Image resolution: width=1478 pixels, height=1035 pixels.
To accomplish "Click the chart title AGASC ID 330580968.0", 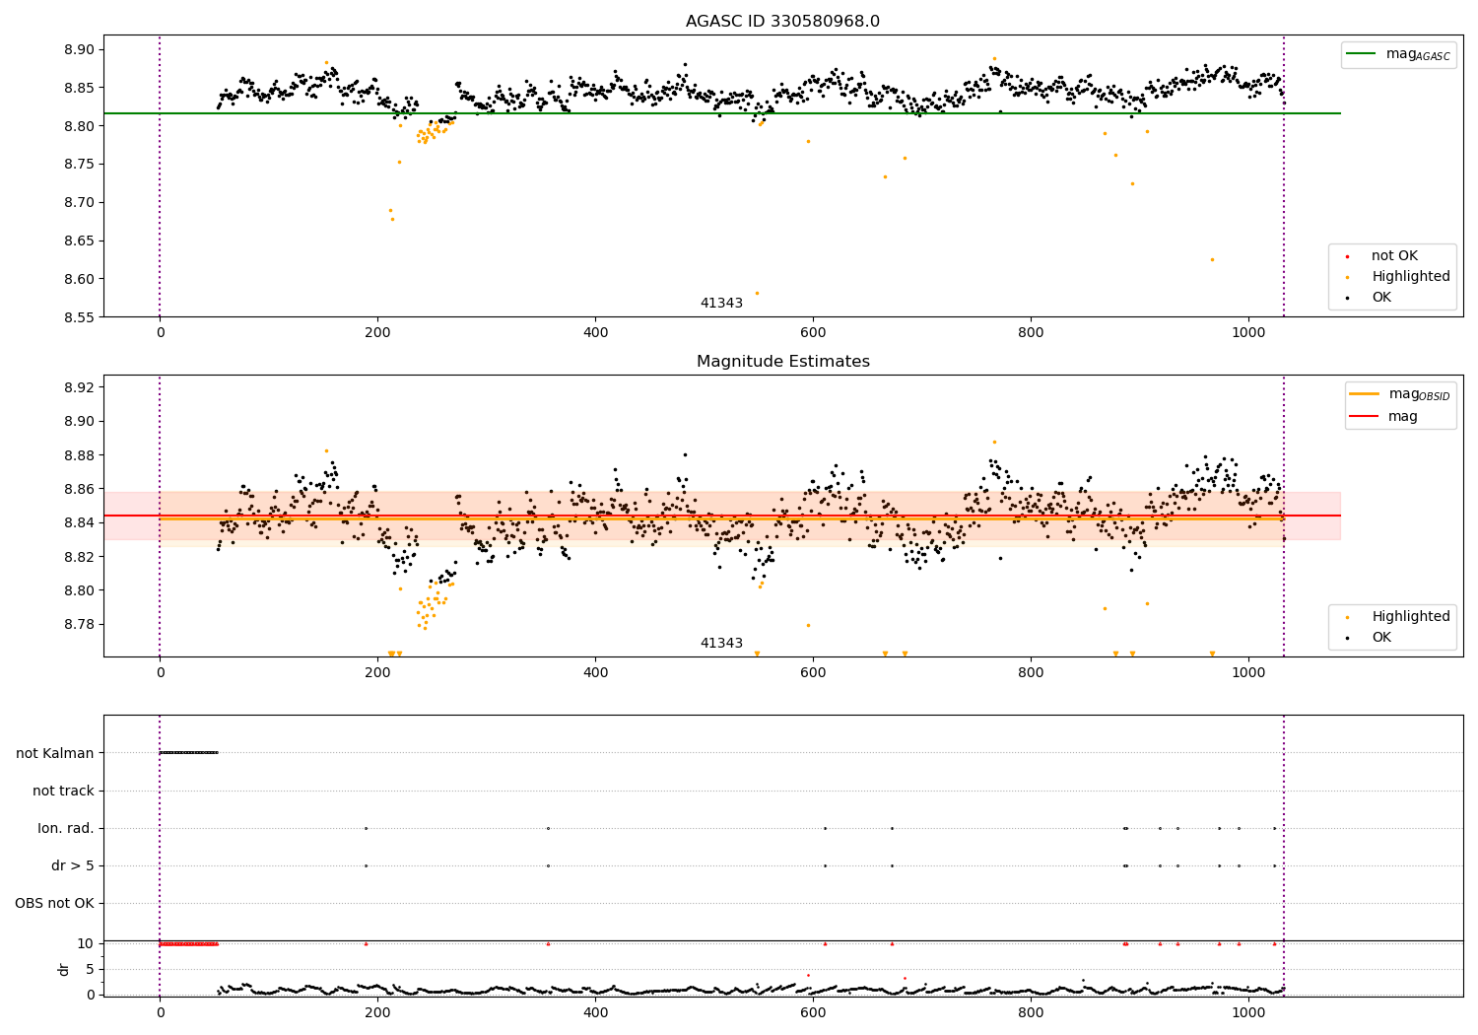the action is coord(782,21).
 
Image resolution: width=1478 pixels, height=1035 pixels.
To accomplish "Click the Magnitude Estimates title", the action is coord(783,361).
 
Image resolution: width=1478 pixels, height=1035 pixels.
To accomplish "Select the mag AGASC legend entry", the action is coord(1398,54).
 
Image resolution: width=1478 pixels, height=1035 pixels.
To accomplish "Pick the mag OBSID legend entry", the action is coord(1399,394).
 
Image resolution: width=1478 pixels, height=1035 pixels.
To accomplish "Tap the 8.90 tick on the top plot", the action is coord(79,49).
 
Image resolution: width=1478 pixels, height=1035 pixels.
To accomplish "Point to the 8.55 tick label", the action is coord(79,317).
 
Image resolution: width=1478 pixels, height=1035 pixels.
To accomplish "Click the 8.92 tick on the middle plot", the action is coord(79,387).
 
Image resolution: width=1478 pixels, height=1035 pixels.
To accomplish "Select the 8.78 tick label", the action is coord(79,624).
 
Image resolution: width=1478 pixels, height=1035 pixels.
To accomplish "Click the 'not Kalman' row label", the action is coord(55,753).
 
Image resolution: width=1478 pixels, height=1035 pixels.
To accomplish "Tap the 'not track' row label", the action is coord(63,791).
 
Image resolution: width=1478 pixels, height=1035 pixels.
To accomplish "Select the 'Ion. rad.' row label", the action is coord(66,828).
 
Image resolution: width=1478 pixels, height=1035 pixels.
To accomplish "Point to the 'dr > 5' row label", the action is coord(73,866).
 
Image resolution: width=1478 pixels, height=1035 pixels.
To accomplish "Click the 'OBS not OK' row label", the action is coord(55,903).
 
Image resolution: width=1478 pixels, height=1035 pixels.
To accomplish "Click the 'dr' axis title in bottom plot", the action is coord(63,970).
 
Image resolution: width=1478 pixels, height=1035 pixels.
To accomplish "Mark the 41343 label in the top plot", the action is coord(721,303).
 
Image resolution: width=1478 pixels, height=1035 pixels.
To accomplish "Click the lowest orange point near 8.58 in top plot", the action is coord(757,293).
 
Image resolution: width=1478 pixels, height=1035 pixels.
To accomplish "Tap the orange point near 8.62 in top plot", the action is coord(1212,260).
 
